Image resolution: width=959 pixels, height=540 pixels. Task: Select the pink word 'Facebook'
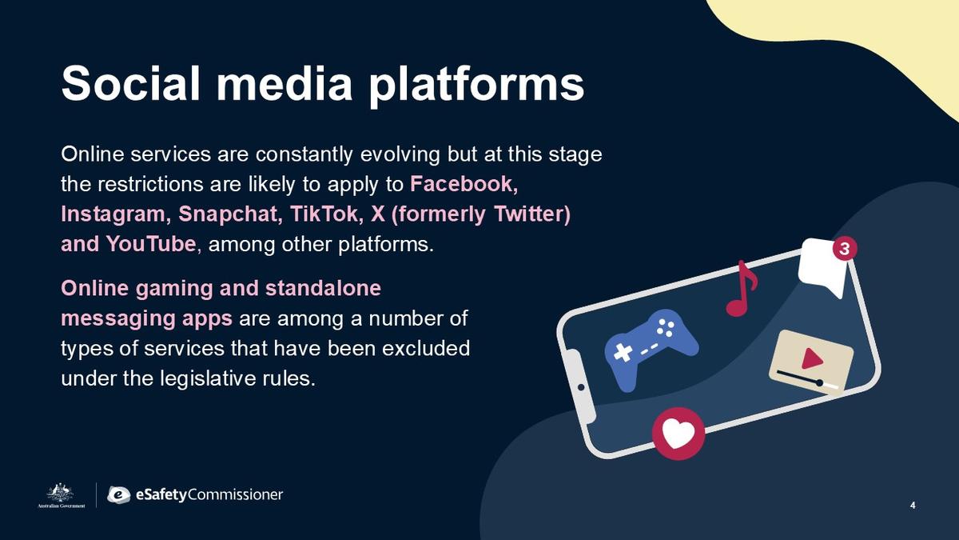click(x=464, y=184)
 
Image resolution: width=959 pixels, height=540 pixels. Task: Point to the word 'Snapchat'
click(x=230, y=214)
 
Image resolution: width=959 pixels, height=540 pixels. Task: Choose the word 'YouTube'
click(x=151, y=244)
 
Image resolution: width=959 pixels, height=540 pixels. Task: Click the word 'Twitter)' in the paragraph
click(x=532, y=214)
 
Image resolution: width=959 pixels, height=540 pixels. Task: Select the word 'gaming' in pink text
click(x=174, y=289)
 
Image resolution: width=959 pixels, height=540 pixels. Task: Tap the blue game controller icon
click(x=650, y=347)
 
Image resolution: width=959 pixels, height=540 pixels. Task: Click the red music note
click(x=742, y=288)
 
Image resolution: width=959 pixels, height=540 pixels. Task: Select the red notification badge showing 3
click(x=844, y=249)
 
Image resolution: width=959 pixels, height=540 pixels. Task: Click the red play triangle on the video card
click(x=811, y=358)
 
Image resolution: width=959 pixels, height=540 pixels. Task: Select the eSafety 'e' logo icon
click(x=118, y=495)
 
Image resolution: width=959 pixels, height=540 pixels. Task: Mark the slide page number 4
click(x=913, y=506)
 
